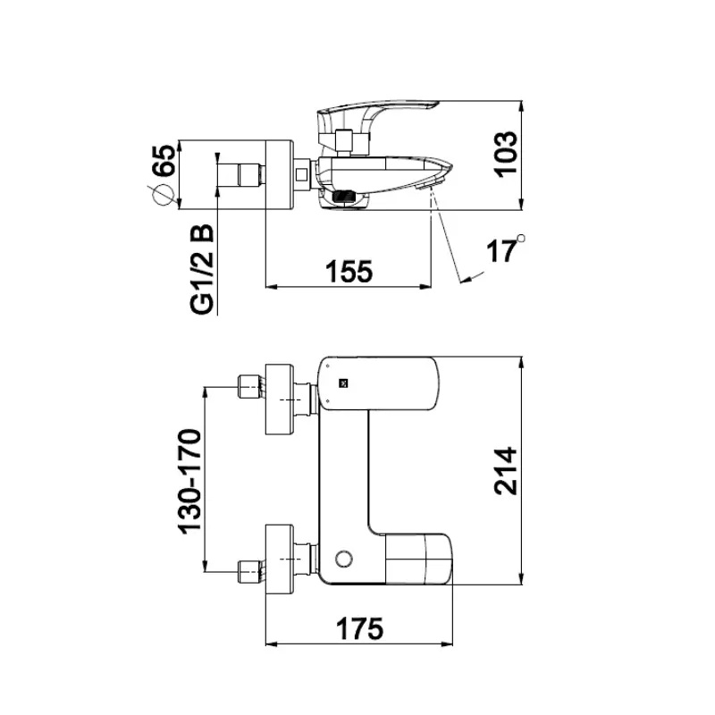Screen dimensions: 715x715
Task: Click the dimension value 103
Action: pos(506,154)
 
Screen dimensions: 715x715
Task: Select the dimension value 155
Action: pos(349,272)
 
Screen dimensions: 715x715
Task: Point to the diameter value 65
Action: pos(164,160)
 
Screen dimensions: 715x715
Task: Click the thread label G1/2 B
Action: pos(202,270)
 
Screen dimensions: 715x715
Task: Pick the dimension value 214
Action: pos(506,471)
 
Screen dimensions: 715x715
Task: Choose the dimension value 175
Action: pos(360,629)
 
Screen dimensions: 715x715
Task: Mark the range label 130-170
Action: pos(189,482)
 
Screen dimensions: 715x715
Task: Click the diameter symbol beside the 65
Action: pos(163,196)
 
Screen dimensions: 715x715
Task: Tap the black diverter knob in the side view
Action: pos(344,197)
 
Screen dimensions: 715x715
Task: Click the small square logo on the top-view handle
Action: pos(343,383)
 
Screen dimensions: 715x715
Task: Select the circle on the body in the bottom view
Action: pos(344,559)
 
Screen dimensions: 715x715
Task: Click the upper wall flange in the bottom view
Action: pos(279,399)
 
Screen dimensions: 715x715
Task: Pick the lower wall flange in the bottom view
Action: pos(279,559)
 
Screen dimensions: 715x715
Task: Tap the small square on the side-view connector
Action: pos(301,174)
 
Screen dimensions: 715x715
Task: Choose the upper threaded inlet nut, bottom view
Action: pos(251,387)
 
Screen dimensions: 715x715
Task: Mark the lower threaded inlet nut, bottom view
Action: pos(251,572)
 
